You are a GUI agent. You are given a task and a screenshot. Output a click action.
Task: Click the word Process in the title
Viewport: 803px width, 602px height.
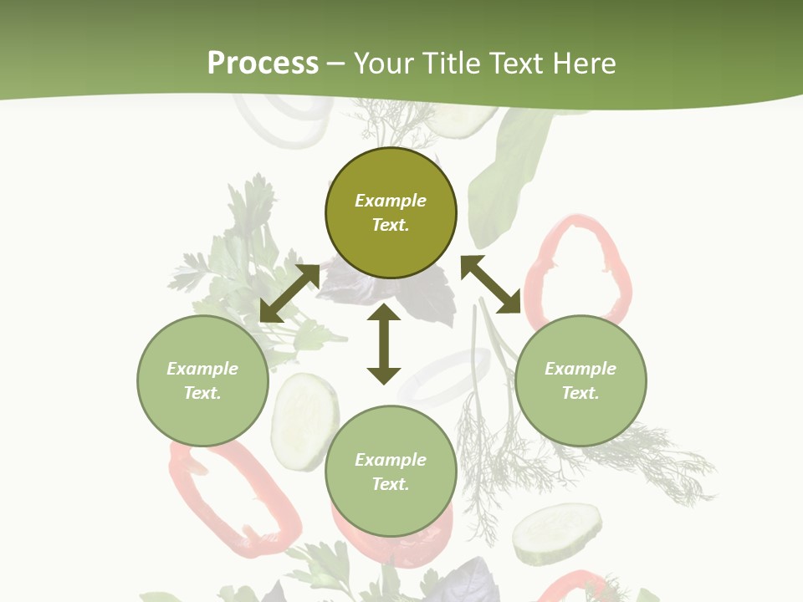tap(263, 64)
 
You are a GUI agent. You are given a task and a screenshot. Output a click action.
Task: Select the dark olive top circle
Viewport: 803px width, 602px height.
tap(391, 213)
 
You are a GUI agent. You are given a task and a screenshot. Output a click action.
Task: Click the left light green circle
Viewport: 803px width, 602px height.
tap(202, 381)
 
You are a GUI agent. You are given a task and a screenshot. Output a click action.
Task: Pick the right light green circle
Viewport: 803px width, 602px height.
tap(581, 381)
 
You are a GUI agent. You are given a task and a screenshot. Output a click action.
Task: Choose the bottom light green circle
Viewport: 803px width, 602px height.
tap(391, 472)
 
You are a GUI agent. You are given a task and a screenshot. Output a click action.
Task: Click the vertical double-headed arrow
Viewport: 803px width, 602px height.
tap(384, 344)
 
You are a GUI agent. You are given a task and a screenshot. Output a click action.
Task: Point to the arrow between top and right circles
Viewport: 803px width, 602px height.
tap(490, 284)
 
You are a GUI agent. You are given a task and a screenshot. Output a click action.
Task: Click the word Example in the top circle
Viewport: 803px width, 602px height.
tap(391, 201)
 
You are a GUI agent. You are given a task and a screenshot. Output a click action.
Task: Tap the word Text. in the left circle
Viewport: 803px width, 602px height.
tap(202, 393)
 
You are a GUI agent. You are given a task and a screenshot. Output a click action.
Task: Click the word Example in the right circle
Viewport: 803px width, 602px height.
tap(581, 369)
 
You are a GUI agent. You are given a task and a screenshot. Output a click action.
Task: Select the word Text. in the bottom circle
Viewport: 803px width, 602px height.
tap(391, 484)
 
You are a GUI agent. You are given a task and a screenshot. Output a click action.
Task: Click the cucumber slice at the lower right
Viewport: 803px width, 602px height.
tap(557, 533)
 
